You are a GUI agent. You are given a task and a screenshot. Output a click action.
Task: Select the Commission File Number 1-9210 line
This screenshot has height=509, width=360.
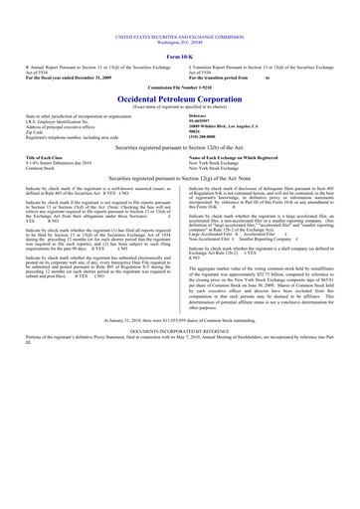pos(180,63)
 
